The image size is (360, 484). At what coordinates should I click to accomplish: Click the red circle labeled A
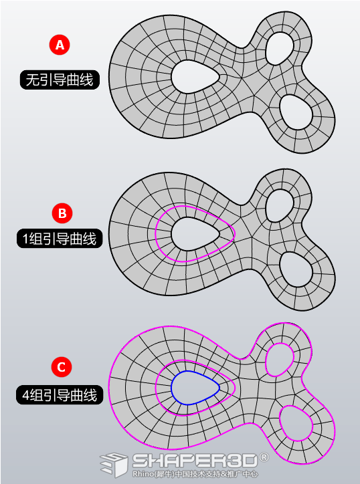tap(60, 45)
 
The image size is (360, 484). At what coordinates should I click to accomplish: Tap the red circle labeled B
tap(62, 214)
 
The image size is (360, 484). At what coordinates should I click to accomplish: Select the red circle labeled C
tap(61, 367)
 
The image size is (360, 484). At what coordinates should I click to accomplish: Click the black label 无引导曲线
tap(60, 80)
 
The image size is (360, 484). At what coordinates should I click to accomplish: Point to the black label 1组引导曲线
tap(60, 238)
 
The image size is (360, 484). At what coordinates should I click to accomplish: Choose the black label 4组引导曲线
tap(60, 395)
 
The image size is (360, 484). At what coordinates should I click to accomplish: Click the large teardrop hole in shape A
tap(195, 77)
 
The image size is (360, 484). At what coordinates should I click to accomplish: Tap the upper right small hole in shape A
tap(279, 48)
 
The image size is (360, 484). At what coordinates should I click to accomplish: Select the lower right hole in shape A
tap(296, 112)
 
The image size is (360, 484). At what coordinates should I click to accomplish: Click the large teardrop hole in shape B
tap(195, 233)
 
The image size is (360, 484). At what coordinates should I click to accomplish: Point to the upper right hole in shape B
tap(279, 205)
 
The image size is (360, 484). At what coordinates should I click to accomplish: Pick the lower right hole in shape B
tap(296, 269)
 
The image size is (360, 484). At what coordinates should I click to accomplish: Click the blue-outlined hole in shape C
tap(195, 387)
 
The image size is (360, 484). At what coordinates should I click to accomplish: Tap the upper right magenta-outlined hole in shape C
tap(279, 360)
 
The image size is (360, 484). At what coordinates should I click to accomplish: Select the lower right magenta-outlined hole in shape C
tap(296, 424)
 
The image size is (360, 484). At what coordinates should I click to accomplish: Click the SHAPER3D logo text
tap(195, 461)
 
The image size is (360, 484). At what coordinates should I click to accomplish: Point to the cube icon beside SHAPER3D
tap(114, 465)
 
